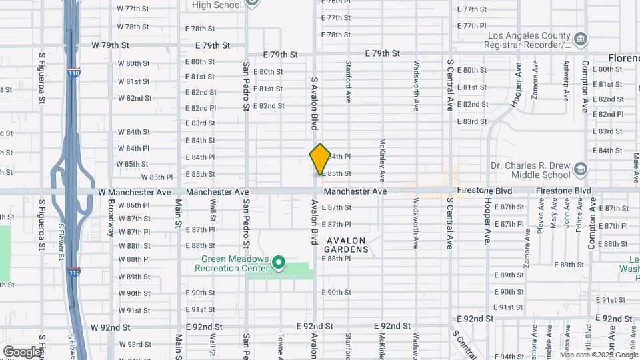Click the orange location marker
click(x=320, y=159)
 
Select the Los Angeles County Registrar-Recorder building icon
click(x=579, y=39)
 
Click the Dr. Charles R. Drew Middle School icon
click(x=579, y=169)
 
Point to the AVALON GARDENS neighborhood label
click(x=346, y=245)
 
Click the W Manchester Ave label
click(x=134, y=191)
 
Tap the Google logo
click(x=22, y=351)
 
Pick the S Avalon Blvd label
click(x=313, y=103)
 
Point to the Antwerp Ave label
click(x=566, y=81)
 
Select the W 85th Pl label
click(x=157, y=177)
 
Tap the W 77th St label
click(x=133, y=9)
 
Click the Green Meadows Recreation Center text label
click(x=231, y=263)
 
